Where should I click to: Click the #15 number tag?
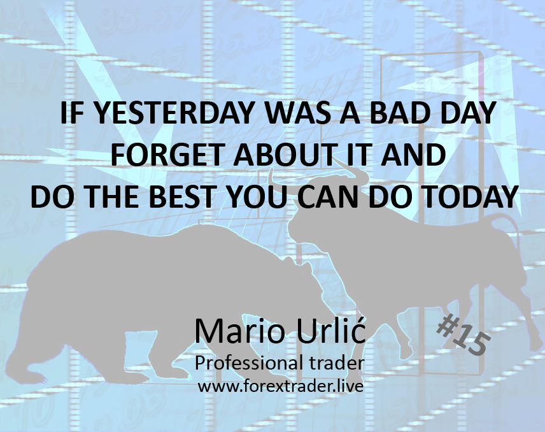462,336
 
